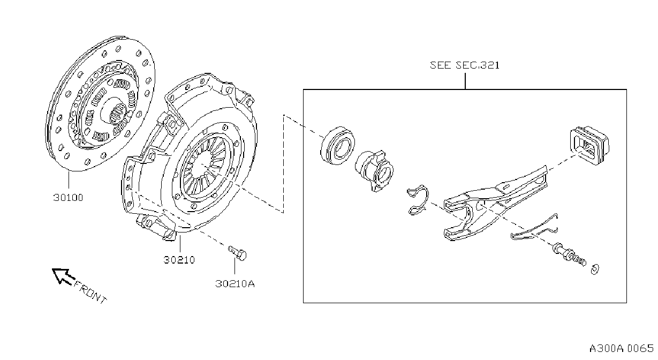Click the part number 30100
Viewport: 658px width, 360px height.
[68, 198]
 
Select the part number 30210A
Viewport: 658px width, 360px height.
[235, 284]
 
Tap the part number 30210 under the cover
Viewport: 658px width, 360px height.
[179, 260]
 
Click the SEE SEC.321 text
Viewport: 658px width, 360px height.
[465, 65]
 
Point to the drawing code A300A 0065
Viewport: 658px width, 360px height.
[622, 349]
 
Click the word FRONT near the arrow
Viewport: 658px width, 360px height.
[90, 292]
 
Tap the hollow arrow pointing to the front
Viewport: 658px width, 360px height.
[63, 276]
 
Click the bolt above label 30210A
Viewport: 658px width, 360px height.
[237, 253]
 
